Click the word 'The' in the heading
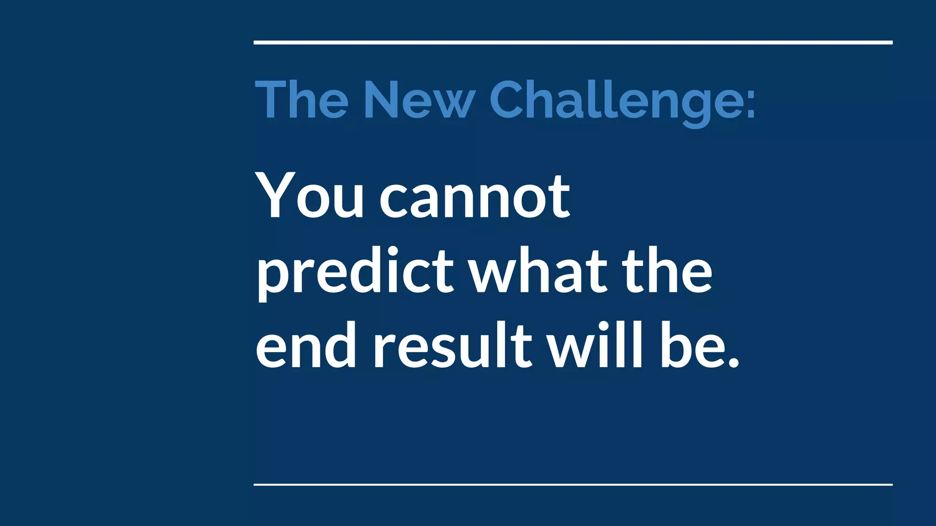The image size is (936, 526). coord(302,100)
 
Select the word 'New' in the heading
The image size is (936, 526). coord(420,100)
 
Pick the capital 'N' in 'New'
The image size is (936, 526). coord(383,100)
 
